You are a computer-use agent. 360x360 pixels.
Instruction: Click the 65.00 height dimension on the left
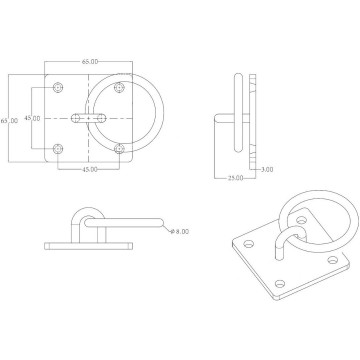click(x=10, y=121)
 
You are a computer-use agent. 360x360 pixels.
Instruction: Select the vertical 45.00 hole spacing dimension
click(x=33, y=119)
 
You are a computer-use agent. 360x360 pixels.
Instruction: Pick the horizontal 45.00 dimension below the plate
click(x=89, y=169)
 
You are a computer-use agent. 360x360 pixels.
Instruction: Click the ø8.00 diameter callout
click(x=180, y=231)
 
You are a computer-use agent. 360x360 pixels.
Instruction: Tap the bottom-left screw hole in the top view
click(x=58, y=150)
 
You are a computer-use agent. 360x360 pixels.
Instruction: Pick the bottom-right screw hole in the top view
click(x=121, y=150)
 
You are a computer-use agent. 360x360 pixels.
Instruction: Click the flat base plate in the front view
click(x=90, y=244)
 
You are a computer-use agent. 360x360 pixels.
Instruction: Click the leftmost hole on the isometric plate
click(x=246, y=242)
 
